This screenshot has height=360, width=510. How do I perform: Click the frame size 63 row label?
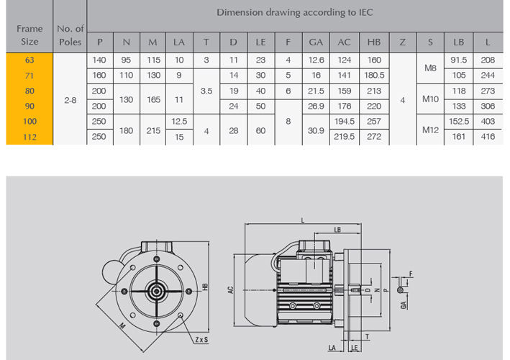coord(29,60)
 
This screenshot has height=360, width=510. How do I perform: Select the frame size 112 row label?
coord(29,137)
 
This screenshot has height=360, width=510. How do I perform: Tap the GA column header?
coord(316,42)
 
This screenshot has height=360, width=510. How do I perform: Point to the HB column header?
coord(374,42)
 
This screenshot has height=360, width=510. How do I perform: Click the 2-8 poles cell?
coord(70,100)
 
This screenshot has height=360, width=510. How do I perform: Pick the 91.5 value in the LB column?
coord(459,60)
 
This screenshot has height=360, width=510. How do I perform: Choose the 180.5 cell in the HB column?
coord(374,75)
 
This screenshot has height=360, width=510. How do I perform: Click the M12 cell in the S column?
coord(430,130)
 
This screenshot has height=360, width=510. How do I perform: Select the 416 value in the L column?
coord(488,137)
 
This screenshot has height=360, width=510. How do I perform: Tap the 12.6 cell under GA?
coord(316,60)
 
